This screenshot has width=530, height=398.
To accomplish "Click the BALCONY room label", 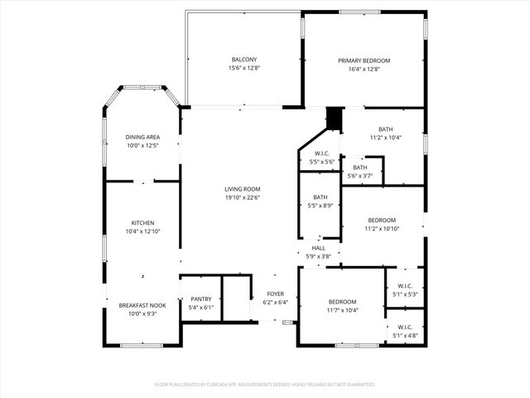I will pos(243,60).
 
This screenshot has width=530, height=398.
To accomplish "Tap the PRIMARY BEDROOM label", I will pos(364,61).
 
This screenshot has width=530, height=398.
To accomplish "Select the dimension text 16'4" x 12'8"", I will pos(364,70).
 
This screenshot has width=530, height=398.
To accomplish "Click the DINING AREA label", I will pos(142,137).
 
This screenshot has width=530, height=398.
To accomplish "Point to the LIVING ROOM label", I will pos(242,189).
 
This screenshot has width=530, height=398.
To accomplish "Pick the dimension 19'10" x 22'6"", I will pos(242,198).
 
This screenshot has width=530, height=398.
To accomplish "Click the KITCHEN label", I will pos(142,223).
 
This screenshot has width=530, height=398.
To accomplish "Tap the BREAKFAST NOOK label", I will pos(142,305).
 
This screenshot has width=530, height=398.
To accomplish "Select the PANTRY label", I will pos(201,299).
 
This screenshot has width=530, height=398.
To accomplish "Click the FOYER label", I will pos(276,294).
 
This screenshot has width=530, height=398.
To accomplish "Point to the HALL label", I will pos(319,248).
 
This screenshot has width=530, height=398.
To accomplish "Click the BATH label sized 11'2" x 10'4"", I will pos(386,129).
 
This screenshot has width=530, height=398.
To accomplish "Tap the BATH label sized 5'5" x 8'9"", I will pos(320,197).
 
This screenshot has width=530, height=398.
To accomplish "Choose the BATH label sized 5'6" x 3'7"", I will pos(359,167).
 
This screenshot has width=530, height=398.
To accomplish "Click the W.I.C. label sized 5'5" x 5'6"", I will pos(322,153).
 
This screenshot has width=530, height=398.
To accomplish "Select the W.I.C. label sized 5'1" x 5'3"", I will pos(405,287).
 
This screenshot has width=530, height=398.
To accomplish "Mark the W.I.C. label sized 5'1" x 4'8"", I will pos(405,327).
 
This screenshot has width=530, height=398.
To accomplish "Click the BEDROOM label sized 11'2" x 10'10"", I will pos(383,220).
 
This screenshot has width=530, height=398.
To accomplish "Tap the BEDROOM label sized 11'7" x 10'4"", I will pos(342,302).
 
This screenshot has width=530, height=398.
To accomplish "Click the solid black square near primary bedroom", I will pos(334,119).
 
